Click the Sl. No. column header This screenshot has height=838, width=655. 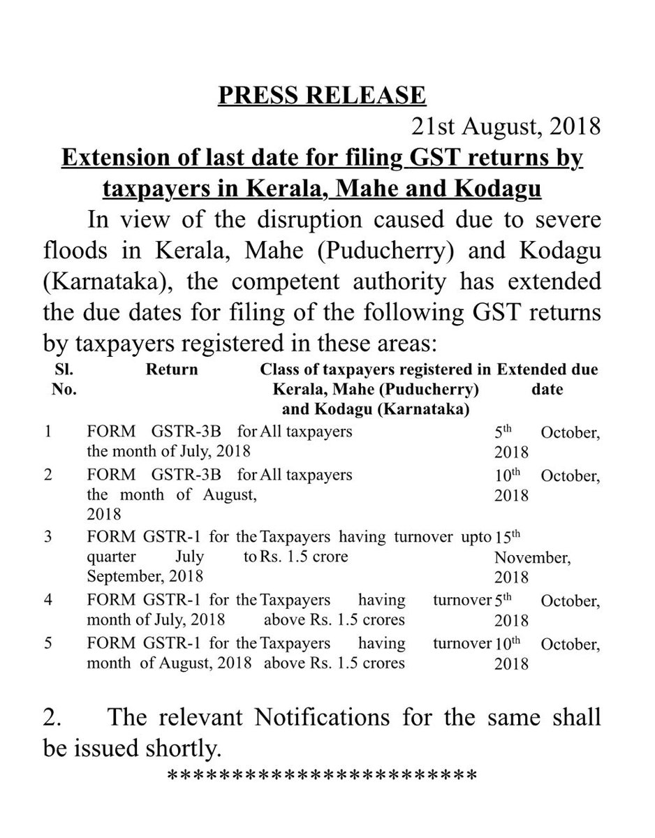[64, 379]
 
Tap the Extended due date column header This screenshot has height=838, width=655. [546, 378]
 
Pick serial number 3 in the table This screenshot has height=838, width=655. [48, 538]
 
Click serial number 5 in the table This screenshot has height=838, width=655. [48, 643]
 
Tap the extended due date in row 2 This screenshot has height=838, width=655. [545, 485]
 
